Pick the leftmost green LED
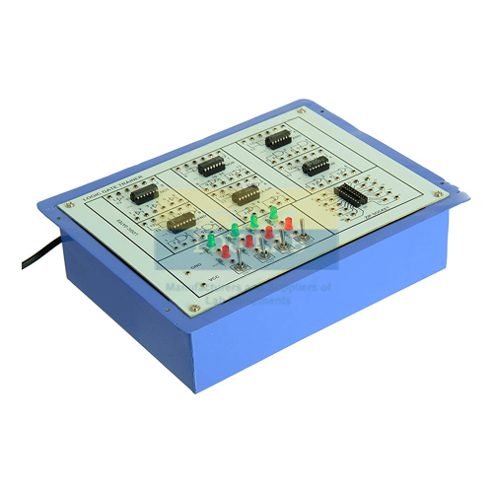(x=235, y=230)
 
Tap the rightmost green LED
(x=272, y=212)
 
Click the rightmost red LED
(x=288, y=224)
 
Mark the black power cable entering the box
(x=30, y=257)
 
